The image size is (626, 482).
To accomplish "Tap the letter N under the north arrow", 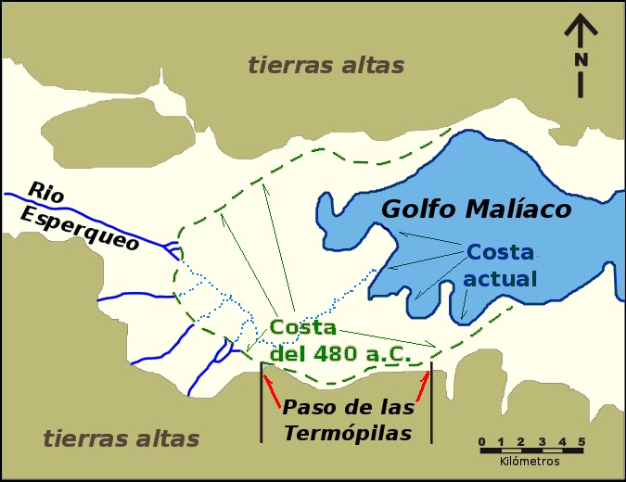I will [x=581, y=60].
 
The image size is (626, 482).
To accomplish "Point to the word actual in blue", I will [x=501, y=279].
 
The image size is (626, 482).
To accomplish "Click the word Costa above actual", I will [x=500, y=253].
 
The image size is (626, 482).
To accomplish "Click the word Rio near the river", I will [x=46, y=193].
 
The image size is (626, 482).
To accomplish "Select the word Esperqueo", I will [x=81, y=228].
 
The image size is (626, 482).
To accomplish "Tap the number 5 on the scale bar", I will [x=581, y=441].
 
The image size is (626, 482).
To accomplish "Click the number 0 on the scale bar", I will [x=481, y=441].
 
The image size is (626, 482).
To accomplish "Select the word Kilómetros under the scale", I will [x=530, y=461].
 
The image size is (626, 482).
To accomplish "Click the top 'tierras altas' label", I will [x=326, y=66].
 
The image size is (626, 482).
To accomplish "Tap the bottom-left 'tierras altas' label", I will [x=121, y=438].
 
